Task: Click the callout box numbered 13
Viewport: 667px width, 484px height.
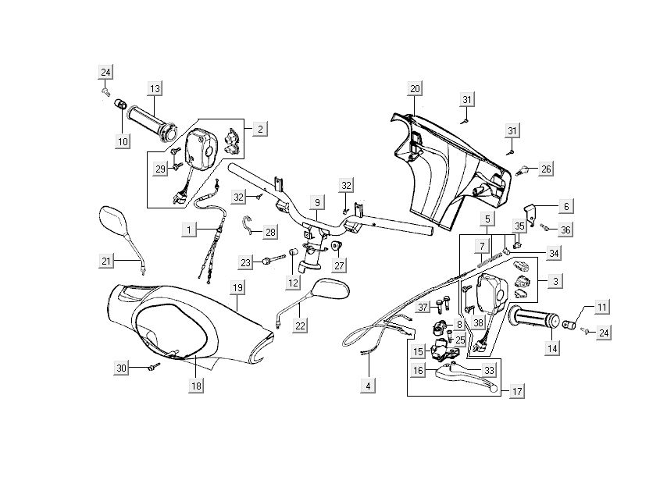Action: (x=155, y=87)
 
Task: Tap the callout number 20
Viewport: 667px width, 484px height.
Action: (x=415, y=87)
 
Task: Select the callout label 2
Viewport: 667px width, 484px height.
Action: (x=260, y=126)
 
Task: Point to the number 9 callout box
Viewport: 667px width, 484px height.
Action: (x=317, y=203)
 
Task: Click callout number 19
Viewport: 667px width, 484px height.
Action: (x=238, y=287)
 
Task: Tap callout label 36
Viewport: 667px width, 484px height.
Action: (x=565, y=230)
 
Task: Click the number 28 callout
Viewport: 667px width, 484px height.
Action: (x=270, y=232)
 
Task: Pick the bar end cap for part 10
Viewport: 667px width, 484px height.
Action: (x=121, y=105)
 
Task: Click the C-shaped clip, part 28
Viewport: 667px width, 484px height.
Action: (x=247, y=225)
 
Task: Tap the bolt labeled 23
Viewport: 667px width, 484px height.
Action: (x=269, y=262)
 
